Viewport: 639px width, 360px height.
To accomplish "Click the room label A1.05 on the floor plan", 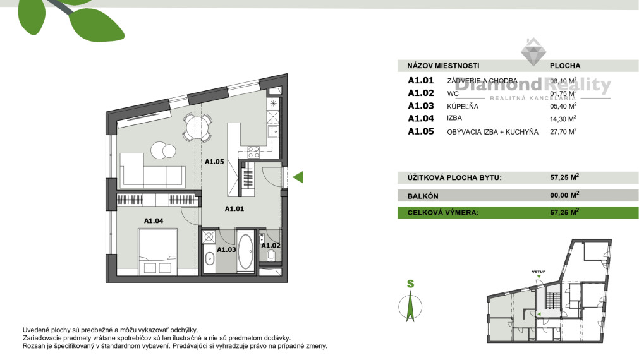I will [215, 162].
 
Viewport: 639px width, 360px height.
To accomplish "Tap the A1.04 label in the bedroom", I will [154, 220].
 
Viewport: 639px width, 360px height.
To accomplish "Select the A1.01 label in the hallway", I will [235, 208].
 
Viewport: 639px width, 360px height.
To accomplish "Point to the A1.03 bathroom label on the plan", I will [226, 249].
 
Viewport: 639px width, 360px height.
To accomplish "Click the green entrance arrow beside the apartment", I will [298, 177].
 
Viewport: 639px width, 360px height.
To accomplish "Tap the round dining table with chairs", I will [198, 129].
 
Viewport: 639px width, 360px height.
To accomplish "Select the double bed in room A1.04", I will [157, 251].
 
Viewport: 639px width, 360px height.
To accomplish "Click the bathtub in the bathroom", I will [245, 251].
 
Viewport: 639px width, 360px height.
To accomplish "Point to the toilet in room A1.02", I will [271, 255].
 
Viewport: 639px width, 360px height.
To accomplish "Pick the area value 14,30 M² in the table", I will [563, 119].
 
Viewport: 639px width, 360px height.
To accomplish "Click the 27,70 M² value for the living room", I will [563, 132].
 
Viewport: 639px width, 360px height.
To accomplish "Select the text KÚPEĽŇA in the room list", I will [463, 106].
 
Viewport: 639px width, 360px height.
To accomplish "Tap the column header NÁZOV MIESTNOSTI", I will [443, 65].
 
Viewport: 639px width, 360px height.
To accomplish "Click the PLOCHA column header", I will [565, 65].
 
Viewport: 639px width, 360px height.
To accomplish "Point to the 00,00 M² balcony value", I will [564, 196].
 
